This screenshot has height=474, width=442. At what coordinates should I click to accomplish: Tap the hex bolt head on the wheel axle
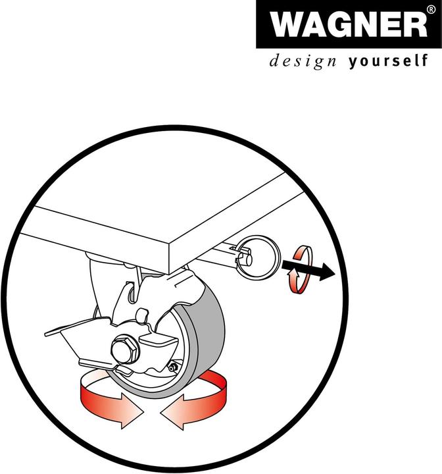pos(124,349)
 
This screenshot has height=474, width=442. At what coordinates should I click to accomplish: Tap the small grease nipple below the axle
pos(172,366)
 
